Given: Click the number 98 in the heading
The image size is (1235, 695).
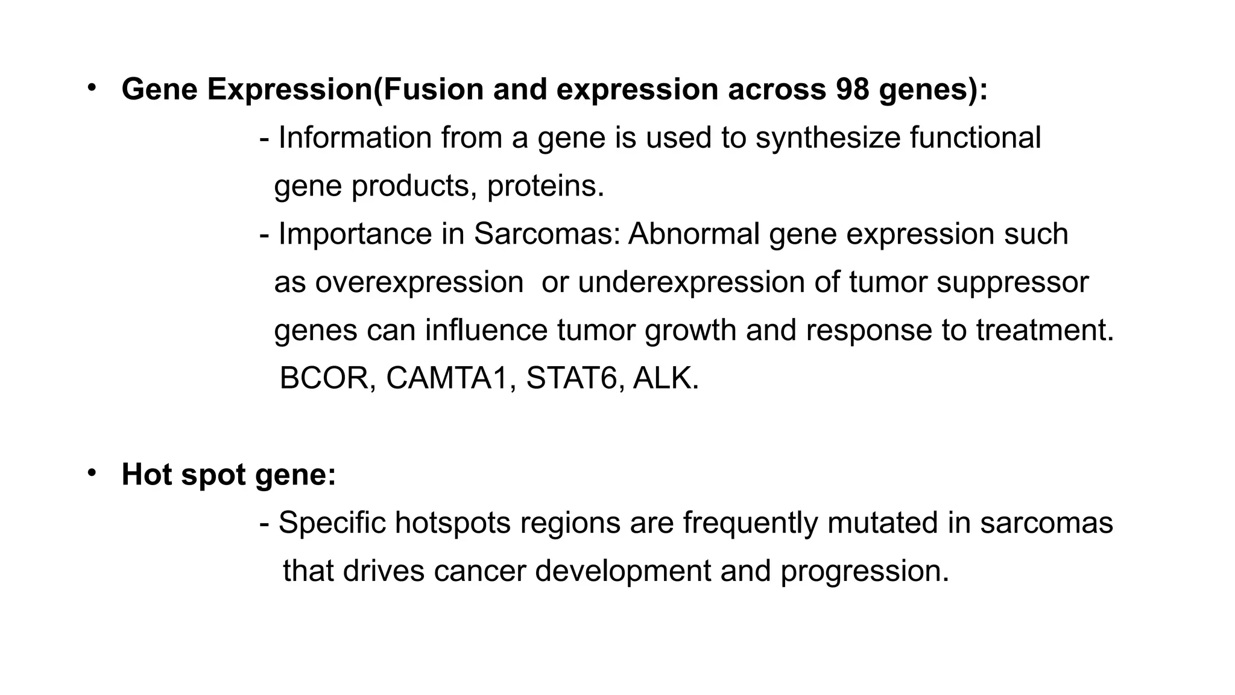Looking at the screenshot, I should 853,89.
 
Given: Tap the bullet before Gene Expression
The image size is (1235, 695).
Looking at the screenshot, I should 92,88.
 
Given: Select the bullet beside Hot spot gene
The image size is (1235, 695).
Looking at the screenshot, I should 92,473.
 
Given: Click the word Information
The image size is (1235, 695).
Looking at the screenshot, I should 355,138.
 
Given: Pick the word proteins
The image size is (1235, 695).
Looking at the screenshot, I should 545,186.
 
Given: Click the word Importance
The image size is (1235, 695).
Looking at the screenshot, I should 355,234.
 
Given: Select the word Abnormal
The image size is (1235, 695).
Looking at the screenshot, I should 693,234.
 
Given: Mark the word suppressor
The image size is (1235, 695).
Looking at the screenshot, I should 1012,282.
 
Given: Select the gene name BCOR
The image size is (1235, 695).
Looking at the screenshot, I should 327,378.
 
